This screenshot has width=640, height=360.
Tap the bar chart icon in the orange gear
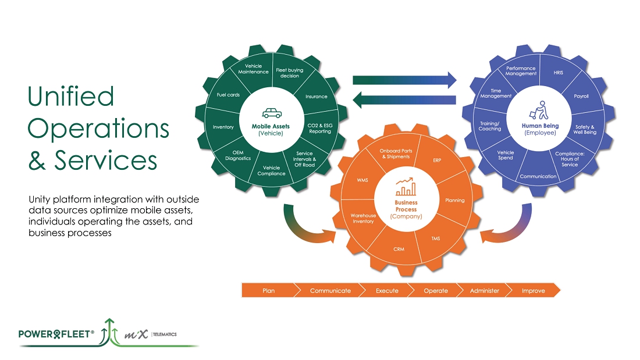click(x=406, y=186)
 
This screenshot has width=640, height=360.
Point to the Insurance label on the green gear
click(x=317, y=97)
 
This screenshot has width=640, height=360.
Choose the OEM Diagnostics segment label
click(x=238, y=155)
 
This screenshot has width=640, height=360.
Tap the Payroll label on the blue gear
click(x=581, y=96)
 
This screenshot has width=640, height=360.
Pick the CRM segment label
click(x=399, y=249)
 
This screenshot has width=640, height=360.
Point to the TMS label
click(x=435, y=238)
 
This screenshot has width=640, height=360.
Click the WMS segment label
click(x=362, y=180)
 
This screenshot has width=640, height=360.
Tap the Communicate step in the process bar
click(x=330, y=290)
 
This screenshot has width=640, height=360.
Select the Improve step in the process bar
click(x=533, y=290)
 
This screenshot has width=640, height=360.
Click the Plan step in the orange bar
click(x=268, y=290)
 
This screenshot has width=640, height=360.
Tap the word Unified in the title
click(x=71, y=96)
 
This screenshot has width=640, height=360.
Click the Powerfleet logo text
click(x=56, y=334)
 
